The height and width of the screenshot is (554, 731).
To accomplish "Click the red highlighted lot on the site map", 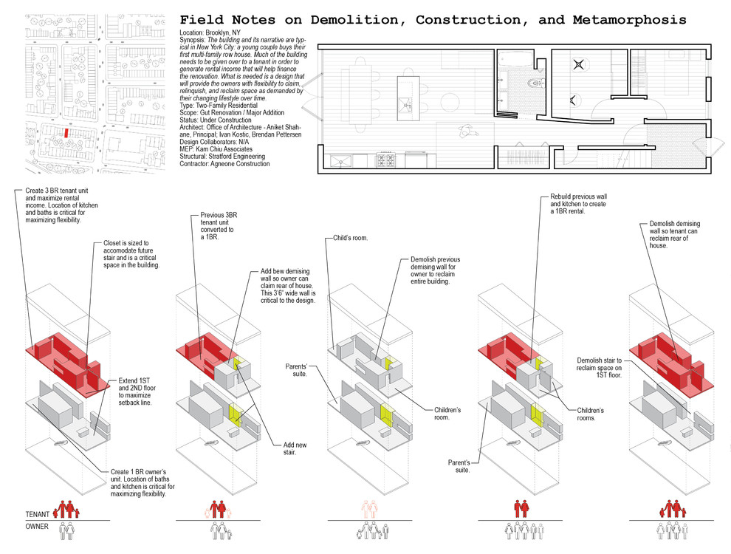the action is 66,133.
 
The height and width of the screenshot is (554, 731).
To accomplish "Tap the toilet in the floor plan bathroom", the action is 535,83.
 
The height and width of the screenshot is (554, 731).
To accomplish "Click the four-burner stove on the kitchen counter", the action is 385,160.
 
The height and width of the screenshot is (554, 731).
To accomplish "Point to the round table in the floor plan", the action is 450,103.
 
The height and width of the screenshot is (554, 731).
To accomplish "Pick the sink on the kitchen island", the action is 404,105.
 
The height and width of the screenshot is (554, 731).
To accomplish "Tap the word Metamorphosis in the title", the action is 629,20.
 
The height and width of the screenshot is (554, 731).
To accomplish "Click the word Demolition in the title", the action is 354,20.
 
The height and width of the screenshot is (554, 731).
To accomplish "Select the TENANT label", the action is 38,514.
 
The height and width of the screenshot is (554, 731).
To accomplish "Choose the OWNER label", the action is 37,527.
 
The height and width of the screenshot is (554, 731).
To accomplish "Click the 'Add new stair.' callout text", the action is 295,448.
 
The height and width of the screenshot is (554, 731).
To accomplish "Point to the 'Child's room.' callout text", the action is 350,238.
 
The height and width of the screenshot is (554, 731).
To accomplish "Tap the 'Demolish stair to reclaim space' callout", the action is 599,367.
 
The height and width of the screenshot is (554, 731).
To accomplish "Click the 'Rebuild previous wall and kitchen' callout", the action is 578,204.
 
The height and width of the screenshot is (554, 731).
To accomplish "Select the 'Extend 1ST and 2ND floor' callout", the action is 137,391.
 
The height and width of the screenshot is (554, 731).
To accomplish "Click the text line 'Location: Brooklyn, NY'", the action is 210,33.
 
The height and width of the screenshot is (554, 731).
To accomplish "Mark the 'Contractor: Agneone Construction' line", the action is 224,164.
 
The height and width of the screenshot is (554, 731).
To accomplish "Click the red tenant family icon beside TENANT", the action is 66,509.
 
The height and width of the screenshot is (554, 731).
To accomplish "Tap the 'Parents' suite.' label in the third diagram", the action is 296,370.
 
